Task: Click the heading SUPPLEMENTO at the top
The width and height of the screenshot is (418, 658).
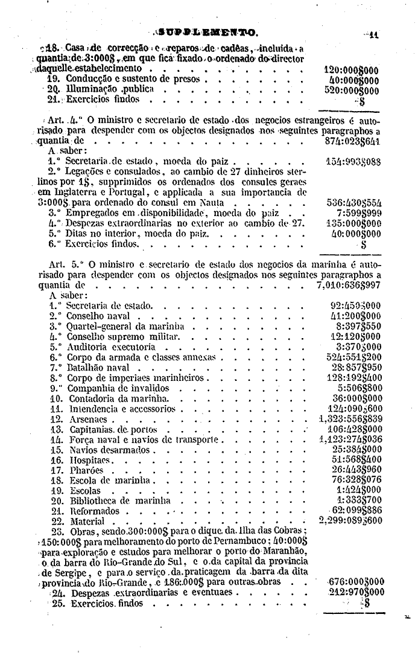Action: pyautogui.click(x=208, y=32)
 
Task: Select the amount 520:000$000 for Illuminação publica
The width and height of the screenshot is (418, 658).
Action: pyautogui.click(x=350, y=89)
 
